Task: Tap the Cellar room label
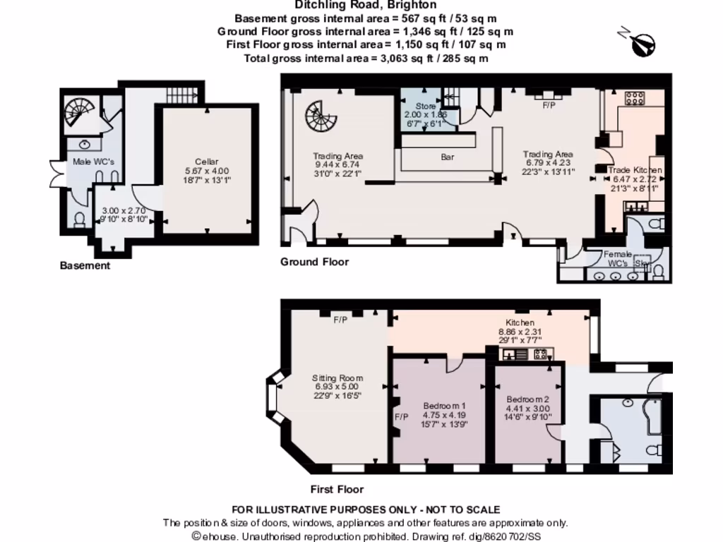(206, 162)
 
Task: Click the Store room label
(425, 107)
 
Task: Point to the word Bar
(448, 157)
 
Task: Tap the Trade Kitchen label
(635, 171)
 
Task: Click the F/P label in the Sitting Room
(340, 320)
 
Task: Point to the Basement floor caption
(85, 266)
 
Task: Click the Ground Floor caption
(314, 262)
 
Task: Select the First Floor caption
(337, 489)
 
